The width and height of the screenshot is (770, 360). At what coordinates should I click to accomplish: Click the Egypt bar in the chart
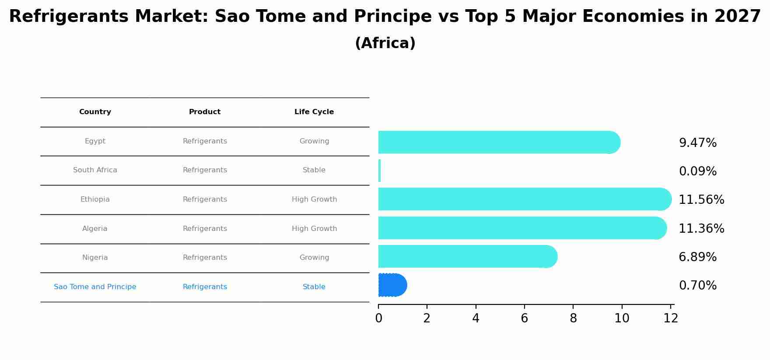point(499,142)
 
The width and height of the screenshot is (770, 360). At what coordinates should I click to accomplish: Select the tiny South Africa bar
point(379,171)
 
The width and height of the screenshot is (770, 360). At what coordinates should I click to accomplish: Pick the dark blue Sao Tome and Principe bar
point(392,285)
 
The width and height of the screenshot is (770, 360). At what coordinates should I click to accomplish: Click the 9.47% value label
point(697,143)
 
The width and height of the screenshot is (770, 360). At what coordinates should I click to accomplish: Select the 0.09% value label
point(697,171)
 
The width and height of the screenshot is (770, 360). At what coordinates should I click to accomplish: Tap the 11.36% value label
point(701,229)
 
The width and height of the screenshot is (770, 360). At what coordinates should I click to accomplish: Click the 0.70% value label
point(697,286)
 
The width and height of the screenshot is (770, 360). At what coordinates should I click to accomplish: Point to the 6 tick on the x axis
point(524,318)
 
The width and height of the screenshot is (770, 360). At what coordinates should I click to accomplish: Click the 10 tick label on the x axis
point(622,318)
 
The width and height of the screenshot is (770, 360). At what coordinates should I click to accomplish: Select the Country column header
point(95,112)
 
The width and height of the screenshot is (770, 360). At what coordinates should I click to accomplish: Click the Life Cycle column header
point(314,112)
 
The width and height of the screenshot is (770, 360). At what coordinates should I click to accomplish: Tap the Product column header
point(205,112)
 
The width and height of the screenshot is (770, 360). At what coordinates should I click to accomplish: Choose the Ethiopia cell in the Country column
point(95,199)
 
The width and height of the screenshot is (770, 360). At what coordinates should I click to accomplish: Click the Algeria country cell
point(95,229)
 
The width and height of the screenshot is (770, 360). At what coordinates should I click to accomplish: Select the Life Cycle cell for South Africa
point(314,170)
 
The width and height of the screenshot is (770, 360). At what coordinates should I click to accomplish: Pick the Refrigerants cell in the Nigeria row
point(205,258)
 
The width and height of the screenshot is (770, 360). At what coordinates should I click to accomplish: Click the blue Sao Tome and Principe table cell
point(95,287)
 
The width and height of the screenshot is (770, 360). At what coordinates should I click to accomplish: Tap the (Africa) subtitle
point(385,43)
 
